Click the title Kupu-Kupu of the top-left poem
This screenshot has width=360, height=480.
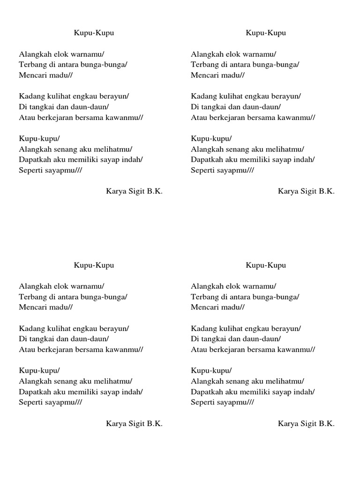[x=94, y=33]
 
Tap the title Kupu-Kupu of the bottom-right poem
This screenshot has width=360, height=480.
[x=266, y=265]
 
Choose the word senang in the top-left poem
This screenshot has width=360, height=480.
[x=67, y=149]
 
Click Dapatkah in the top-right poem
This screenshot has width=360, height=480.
[x=206, y=159]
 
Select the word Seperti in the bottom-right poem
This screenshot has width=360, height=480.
[x=202, y=402]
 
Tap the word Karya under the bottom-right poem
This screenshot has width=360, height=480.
[x=287, y=424]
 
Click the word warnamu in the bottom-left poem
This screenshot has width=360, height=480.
[x=89, y=286]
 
